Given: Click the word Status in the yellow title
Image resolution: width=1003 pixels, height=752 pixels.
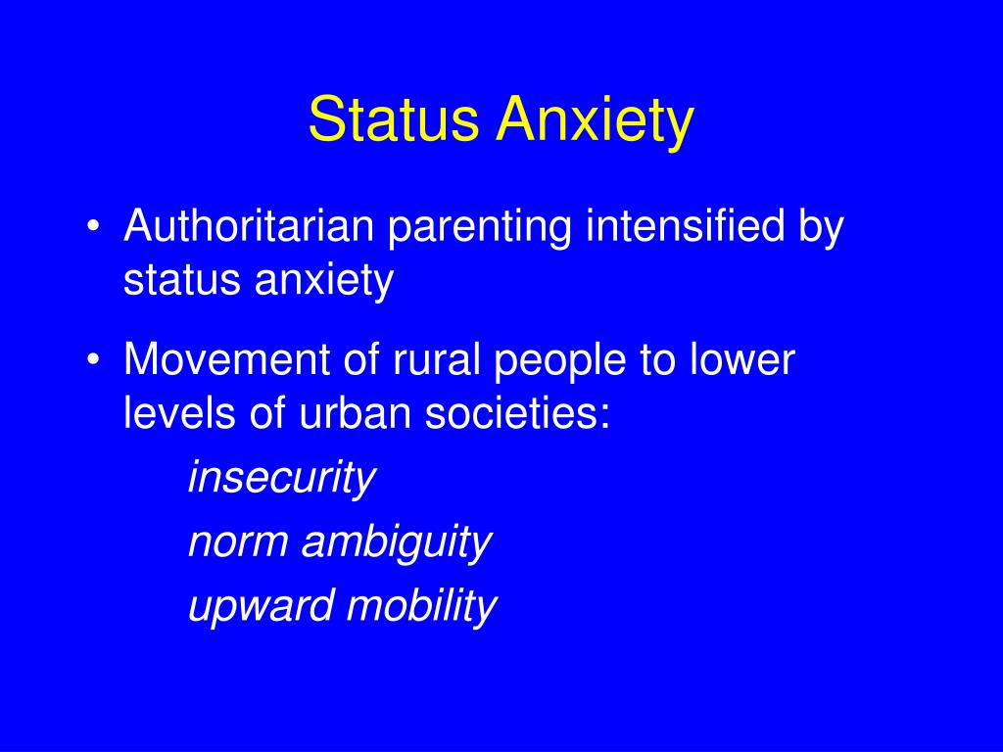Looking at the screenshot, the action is tap(394, 118).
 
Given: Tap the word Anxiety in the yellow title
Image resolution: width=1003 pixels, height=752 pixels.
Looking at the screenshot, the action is tap(595, 122).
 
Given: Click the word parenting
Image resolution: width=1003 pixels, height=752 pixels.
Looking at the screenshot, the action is tap(480, 229).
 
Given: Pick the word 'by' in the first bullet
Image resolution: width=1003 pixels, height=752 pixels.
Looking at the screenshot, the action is tap(822, 229).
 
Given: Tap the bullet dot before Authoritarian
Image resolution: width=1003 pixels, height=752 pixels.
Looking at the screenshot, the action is tap(94, 227).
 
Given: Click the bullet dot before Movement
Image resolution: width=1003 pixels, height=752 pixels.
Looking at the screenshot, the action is tap(94, 360).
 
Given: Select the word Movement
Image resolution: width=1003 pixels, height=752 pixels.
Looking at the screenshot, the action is tap(226, 359).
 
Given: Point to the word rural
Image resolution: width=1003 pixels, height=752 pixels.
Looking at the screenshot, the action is tap(436, 359).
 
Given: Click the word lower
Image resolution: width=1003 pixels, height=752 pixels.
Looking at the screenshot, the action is tap(742, 359).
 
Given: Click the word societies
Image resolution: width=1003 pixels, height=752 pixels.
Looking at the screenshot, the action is tap(517, 412).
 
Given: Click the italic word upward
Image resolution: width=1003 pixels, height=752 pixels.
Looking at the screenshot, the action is tap(261, 607).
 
